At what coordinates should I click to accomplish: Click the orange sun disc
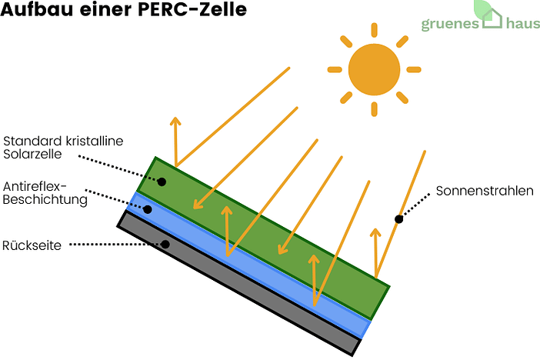374,68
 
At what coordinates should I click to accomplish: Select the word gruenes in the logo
450,24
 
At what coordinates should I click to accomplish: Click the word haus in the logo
523,24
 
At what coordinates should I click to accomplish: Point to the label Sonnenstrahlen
484,191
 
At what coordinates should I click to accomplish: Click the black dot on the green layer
162,182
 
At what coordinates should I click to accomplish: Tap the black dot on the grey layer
165,245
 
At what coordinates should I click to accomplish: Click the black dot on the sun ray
398,219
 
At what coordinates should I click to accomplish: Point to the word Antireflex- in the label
36,187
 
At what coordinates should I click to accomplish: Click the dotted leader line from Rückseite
115,245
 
